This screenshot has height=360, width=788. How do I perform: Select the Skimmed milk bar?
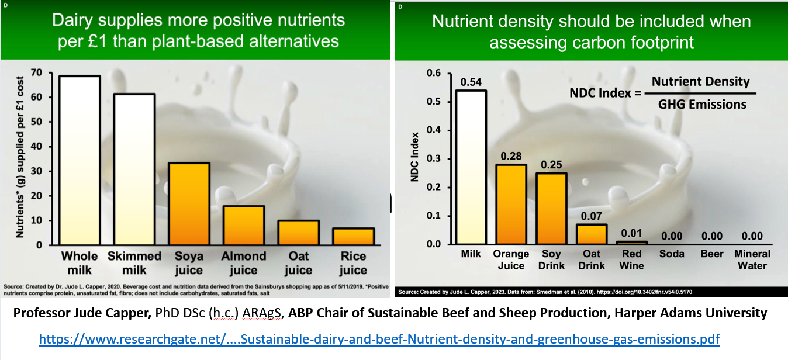point(134,169)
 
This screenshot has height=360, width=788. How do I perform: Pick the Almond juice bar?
point(243,225)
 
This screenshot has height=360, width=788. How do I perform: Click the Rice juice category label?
point(353,263)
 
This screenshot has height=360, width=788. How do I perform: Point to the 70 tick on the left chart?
point(39,73)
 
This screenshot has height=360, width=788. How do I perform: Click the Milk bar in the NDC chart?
point(471,167)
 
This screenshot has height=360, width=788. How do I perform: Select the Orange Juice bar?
point(511,204)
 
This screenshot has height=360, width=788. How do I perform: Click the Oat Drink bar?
point(591,234)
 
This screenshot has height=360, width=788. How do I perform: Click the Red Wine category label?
point(631,259)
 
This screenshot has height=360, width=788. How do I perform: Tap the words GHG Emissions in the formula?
point(702,104)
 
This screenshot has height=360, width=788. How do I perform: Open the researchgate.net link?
point(379,340)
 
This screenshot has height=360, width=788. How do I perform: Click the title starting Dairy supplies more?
point(198,30)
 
